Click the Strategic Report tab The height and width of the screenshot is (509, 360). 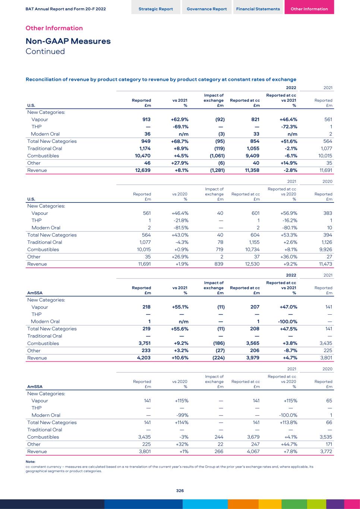155,9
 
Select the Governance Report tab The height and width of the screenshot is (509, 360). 206,9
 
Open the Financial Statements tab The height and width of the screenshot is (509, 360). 258,9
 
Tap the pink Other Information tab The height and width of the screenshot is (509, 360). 309,9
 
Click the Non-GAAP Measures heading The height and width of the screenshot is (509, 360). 68,41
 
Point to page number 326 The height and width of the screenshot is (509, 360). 180,491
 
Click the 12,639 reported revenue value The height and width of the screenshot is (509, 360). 142,170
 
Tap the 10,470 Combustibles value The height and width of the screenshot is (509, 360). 142,156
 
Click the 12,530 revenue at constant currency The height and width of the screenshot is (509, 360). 252,264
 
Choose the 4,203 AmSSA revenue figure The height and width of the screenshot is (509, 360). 143,358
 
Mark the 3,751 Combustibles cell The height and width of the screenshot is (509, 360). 144,343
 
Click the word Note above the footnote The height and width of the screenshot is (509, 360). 30,462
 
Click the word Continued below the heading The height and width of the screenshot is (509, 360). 45,51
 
